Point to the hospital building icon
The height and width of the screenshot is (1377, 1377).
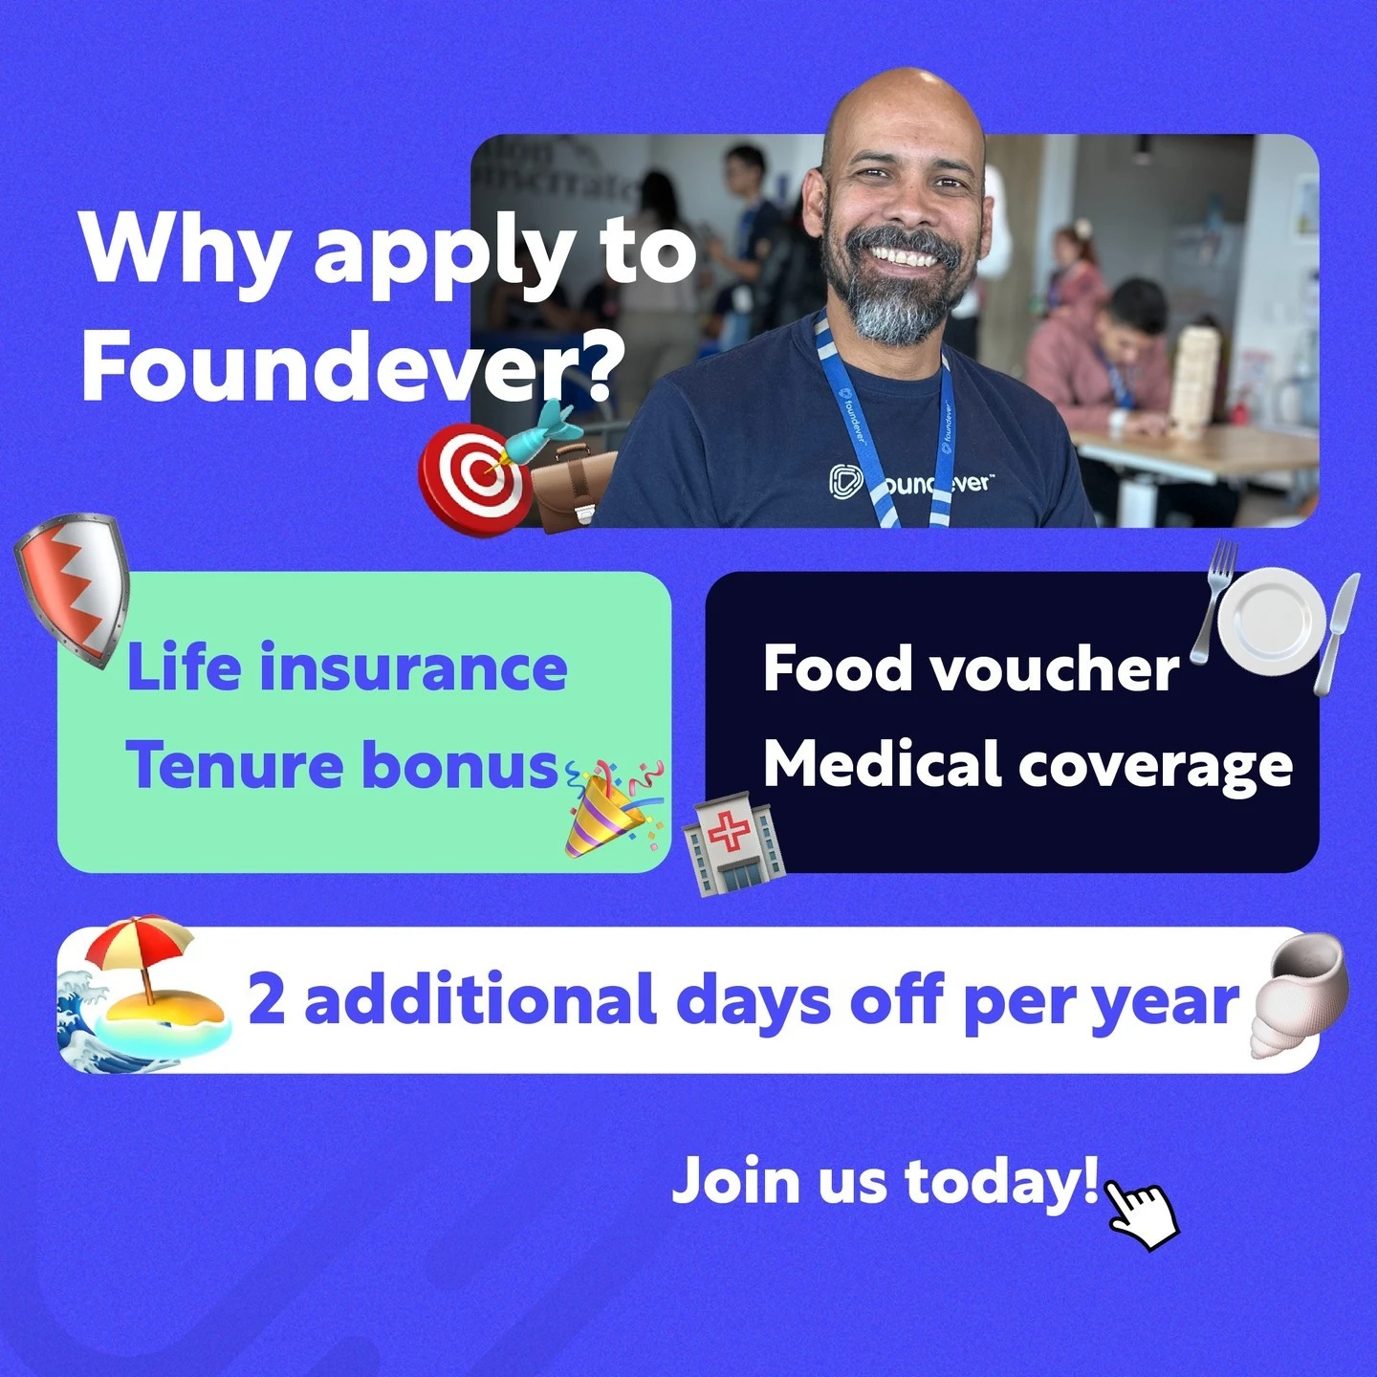(x=733, y=843)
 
